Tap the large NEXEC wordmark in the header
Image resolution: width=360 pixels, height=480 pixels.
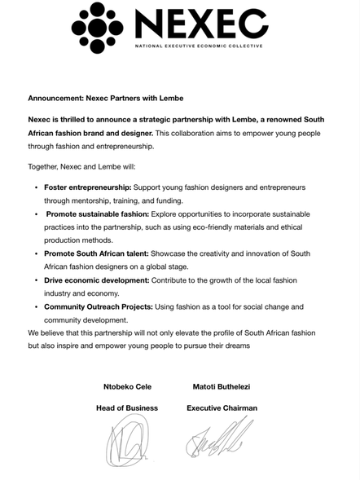coord(201,24)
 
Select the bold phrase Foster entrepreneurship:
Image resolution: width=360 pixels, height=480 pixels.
coord(88,187)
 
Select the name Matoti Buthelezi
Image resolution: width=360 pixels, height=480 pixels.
coord(223,385)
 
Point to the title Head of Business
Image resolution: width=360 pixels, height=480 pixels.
coord(127,407)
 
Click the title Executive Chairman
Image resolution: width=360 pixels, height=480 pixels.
coord(222,407)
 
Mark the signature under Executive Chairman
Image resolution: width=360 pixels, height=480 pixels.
coord(219,441)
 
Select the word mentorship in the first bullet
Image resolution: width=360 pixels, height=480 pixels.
coord(99,200)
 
